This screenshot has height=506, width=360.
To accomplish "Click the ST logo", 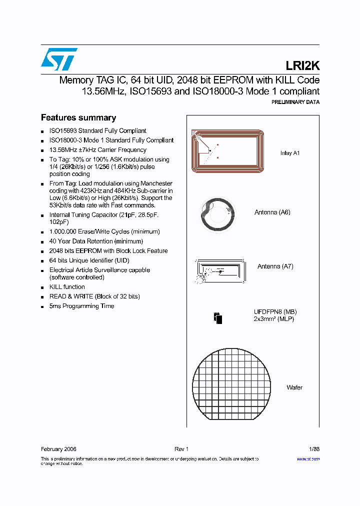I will [x=59, y=59].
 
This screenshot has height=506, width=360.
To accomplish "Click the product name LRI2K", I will [x=302, y=65].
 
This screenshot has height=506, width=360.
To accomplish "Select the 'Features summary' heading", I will [x=78, y=118].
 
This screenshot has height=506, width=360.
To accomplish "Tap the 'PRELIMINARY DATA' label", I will [x=295, y=102].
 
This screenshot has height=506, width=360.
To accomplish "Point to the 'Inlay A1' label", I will [x=289, y=153].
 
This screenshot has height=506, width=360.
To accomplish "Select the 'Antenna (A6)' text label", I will [x=272, y=212].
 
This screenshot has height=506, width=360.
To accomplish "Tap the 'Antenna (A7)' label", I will [x=275, y=266].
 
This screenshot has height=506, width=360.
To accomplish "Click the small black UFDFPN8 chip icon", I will [x=217, y=318].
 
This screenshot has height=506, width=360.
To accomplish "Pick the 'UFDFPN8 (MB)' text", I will [x=271, y=311].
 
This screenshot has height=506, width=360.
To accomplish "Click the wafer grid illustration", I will [x=233, y=387].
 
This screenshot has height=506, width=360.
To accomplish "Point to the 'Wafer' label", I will [x=294, y=387].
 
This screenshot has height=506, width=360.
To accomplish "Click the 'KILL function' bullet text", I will [x=67, y=287].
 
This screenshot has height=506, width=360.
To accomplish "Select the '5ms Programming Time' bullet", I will [x=81, y=306].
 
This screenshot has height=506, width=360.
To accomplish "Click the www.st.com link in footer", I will [x=308, y=459].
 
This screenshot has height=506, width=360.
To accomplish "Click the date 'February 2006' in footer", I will [x=58, y=449].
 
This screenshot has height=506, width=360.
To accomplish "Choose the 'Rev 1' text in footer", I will [x=181, y=449].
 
